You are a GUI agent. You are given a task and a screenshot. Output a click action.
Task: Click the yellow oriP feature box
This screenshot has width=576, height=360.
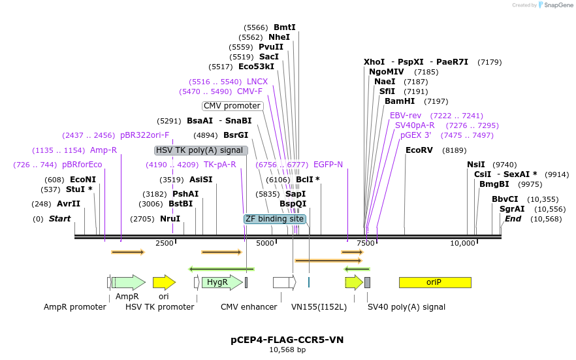(x=434, y=282)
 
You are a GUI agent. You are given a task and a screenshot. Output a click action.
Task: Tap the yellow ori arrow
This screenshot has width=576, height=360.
(x=164, y=282)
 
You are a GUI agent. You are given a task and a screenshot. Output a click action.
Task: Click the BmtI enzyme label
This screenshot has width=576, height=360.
(x=285, y=27)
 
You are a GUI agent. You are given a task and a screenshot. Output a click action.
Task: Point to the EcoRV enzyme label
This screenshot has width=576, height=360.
(x=419, y=150)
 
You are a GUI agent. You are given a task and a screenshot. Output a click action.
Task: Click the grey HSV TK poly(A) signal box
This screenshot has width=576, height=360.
(x=201, y=150)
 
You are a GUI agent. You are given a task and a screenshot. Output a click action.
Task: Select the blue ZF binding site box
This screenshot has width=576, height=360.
(x=275, y=219)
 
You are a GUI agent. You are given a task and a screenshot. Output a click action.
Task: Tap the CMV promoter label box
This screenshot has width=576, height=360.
(x=232, y=106)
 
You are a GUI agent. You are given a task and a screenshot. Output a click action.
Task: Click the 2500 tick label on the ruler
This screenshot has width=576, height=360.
(x=165, y=243)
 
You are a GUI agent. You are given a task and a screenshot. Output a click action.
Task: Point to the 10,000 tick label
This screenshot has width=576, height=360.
(x=463, y=243)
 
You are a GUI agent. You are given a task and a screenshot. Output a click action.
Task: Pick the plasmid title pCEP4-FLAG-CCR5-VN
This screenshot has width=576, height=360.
(x=287, y=340)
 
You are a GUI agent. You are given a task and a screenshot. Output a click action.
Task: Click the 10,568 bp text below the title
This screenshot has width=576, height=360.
(x=287, y=350)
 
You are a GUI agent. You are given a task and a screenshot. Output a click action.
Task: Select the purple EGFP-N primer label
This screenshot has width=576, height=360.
(x=328, y=165)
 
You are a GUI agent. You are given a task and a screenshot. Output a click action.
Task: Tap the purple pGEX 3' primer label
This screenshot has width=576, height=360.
(x=415, y=135)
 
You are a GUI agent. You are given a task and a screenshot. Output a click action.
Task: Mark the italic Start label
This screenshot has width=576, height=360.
(x=59, y=219)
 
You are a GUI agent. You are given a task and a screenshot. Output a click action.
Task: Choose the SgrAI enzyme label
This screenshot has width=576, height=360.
(x=512, y=209)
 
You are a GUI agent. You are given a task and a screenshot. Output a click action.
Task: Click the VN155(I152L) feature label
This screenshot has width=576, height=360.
(x=319, y=306)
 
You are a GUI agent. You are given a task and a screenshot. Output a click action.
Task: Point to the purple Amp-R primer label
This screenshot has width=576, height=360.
(x=103, y=150)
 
